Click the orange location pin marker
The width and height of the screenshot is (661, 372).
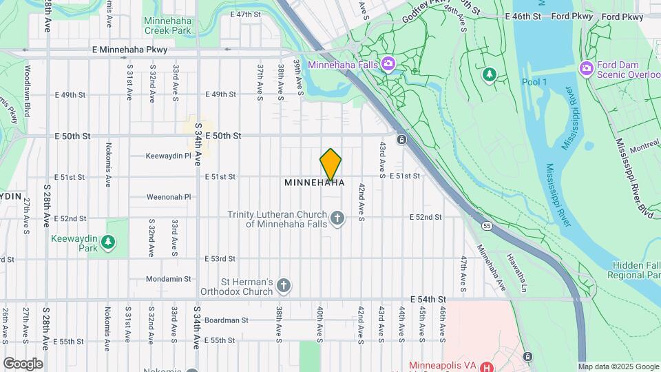point(330,164)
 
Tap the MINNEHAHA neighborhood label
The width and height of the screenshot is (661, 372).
point(315,183)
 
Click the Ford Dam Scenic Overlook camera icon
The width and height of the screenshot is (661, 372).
point(587,68)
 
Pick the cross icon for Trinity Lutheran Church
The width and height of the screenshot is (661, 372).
point(337,219)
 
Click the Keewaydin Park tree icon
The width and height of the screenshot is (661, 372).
point(107,242)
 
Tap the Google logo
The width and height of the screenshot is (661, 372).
point(23,364)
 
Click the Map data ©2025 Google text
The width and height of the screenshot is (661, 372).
point(618,367)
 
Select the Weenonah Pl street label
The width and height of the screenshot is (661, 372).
point(169,197)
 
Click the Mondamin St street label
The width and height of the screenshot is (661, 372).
point(168,279)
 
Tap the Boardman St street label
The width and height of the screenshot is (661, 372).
point(226,320)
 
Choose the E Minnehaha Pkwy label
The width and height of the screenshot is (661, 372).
point(129,50)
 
